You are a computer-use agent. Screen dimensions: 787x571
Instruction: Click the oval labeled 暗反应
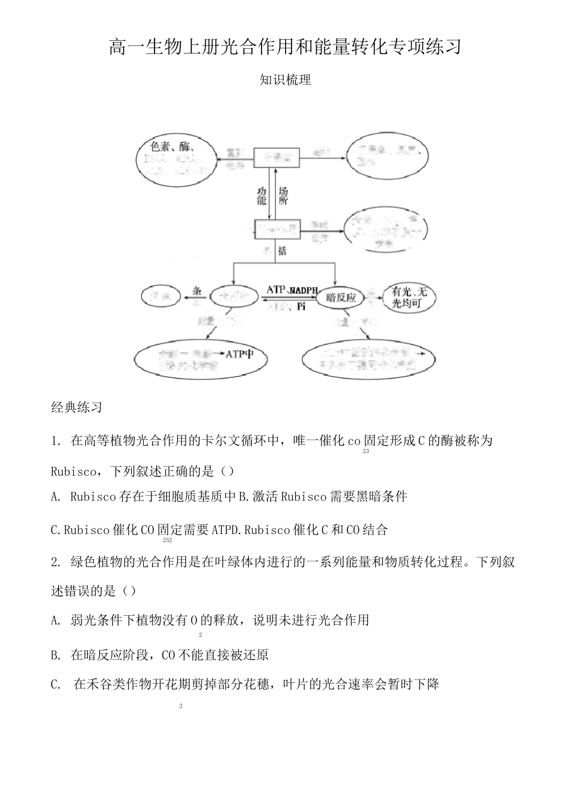340,297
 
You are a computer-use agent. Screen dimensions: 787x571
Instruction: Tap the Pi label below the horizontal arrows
301,307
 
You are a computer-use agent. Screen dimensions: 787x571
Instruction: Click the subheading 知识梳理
285,80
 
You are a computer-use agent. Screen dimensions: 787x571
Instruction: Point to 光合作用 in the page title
231,47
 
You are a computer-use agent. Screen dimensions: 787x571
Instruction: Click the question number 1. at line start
57,441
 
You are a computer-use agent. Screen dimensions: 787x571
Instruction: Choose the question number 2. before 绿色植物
57,563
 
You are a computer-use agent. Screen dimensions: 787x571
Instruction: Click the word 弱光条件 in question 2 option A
94,620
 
